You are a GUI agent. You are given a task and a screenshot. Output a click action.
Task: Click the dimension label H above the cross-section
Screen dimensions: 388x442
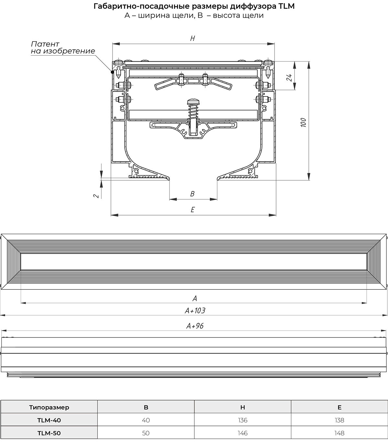click(x=192, y=38)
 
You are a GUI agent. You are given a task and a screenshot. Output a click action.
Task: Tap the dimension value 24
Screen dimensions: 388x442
click(x=289, y=77)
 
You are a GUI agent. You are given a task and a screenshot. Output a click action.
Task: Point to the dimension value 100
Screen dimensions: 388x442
click(x=304, y=123)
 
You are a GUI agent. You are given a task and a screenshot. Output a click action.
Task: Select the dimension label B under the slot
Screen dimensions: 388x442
click(x=192, y=194)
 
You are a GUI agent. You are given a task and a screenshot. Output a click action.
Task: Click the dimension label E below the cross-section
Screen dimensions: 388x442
click(x=193, y=210)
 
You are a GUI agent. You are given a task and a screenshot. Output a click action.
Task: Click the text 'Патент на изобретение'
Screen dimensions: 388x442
click(x=63, y=47)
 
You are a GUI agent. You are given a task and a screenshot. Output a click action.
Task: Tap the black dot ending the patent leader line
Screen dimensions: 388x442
click(x=113, y=72)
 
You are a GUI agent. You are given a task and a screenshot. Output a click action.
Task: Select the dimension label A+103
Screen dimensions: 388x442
click(x=195, y=311)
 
